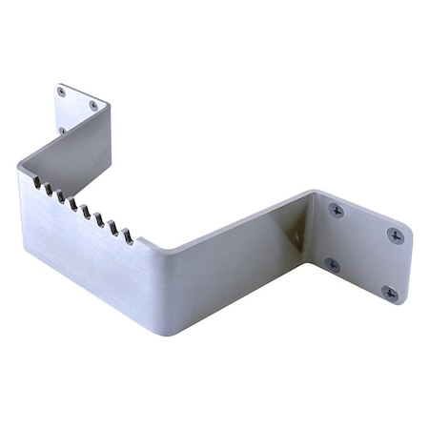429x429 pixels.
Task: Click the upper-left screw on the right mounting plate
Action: (337, 210)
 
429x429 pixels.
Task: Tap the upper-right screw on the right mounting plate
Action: (395, 234)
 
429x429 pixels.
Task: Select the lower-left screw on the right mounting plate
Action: (332, 264)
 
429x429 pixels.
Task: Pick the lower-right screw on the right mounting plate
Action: (389, 292)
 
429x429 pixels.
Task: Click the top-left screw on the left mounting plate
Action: (62, 92)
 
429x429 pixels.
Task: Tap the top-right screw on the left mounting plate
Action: (93, 106)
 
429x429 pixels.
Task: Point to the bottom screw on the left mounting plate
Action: (62, 130)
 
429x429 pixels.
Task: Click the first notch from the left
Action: (35, 181)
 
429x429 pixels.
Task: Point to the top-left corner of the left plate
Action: (57, 86)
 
